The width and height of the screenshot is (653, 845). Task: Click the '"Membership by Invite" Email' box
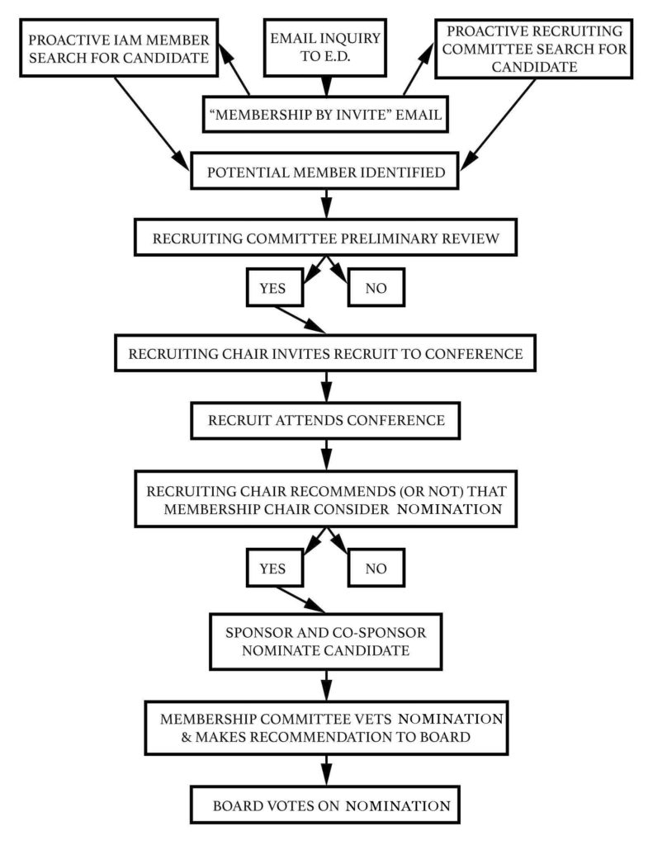click(327, 116)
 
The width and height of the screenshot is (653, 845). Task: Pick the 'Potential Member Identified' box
click(327, 174)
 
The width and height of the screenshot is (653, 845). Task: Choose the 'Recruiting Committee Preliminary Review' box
click(327, 240)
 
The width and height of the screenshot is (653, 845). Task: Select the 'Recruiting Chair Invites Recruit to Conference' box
click(327, 355)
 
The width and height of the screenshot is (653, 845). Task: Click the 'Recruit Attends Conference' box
click(327, 420)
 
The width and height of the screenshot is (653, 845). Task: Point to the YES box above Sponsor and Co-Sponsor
click(275, 569)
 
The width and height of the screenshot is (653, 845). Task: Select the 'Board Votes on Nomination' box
click(327, 805)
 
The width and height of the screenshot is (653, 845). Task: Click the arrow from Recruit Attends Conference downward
click(327, 452)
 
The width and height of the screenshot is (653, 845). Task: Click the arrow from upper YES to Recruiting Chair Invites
click(298, 320)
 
